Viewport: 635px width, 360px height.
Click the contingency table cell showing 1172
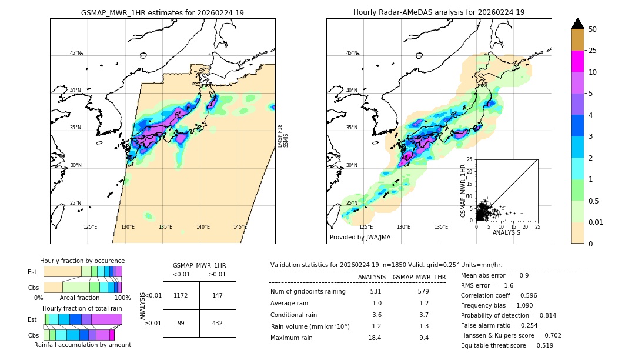pyautogui.click(x=181, y=295)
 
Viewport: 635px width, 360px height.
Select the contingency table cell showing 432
pyautogui.click(x=218, y=324)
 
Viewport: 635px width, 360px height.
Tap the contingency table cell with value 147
pyautogui.click(x=218, y=295)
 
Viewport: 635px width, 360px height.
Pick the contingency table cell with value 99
pyautogui.click(x=181, y=324)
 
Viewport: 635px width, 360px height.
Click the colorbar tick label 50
pyautogui.click(x=593, y=29)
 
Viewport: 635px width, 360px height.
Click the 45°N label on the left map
pyautogui.click(x=75, y=53)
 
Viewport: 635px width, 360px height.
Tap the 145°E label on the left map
pyautogui.click(x=240, y=227)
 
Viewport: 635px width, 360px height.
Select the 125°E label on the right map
pyautogui.click(x=366, y=227)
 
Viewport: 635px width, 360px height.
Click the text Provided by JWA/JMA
pyautogui.click(x=360, y=237)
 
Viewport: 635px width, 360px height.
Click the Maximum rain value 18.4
pyautogui.click(x=375, y=338)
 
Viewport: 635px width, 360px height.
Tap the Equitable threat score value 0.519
pyautogui.click(x=540, y=345)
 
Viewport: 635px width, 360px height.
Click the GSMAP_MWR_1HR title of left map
pyautogui.click(x=162, y=12)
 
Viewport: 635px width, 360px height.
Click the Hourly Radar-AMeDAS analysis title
pyautogui.click(x=439, y=12)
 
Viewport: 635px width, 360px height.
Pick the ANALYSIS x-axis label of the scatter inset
pyautogui.click(x=506, y=232)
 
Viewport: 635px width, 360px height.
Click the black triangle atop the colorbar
pyautogui.click(x=578, y=24)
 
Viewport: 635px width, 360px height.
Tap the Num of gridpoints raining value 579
pyautogui.click(x=423, y=291)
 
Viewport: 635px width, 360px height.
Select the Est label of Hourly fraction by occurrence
pyautogui.click(x=32, y=272)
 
